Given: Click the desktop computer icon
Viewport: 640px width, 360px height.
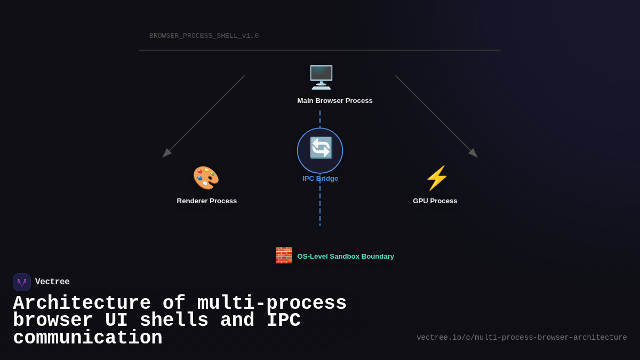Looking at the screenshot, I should tap(321, 77).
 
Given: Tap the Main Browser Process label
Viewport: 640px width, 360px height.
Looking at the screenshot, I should tap(335, 101).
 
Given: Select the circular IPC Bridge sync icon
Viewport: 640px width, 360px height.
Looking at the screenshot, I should tap(320, 150).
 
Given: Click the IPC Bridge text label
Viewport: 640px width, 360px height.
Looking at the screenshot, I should tap(320, 179).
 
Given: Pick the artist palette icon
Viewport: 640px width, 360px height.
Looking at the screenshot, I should tap(206, 178).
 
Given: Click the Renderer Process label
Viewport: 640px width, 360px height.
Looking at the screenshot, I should tap(207, 201).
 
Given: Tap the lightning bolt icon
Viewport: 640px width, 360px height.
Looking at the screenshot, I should tap(437, 178).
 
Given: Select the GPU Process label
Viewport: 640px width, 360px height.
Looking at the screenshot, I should tap(435, 201).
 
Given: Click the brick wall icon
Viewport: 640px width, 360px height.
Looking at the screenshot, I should tap(284, 255).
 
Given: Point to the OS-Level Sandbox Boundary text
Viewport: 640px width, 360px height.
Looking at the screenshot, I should tap(346, 257).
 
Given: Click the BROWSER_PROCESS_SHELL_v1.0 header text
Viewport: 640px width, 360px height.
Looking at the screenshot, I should tap(204, 36).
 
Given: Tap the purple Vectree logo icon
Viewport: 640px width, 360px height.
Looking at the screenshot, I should tap(22, 282).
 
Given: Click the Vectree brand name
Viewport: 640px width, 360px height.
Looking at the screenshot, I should tap(52, 282).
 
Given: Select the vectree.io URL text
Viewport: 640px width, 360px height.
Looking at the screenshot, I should tap(522, 338).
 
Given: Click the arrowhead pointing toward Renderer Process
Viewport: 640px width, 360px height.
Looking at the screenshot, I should tap(166, 154).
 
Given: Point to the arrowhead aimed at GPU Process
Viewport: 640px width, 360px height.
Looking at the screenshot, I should tap(474, 154).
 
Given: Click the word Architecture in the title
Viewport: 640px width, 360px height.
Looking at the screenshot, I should tap(82, 303).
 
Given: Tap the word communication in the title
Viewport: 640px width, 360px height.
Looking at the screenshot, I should tap(87, 338).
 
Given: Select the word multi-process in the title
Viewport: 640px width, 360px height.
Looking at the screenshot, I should tap(272, 303).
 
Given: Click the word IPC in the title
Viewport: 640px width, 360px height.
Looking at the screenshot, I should tap(283, 321).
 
